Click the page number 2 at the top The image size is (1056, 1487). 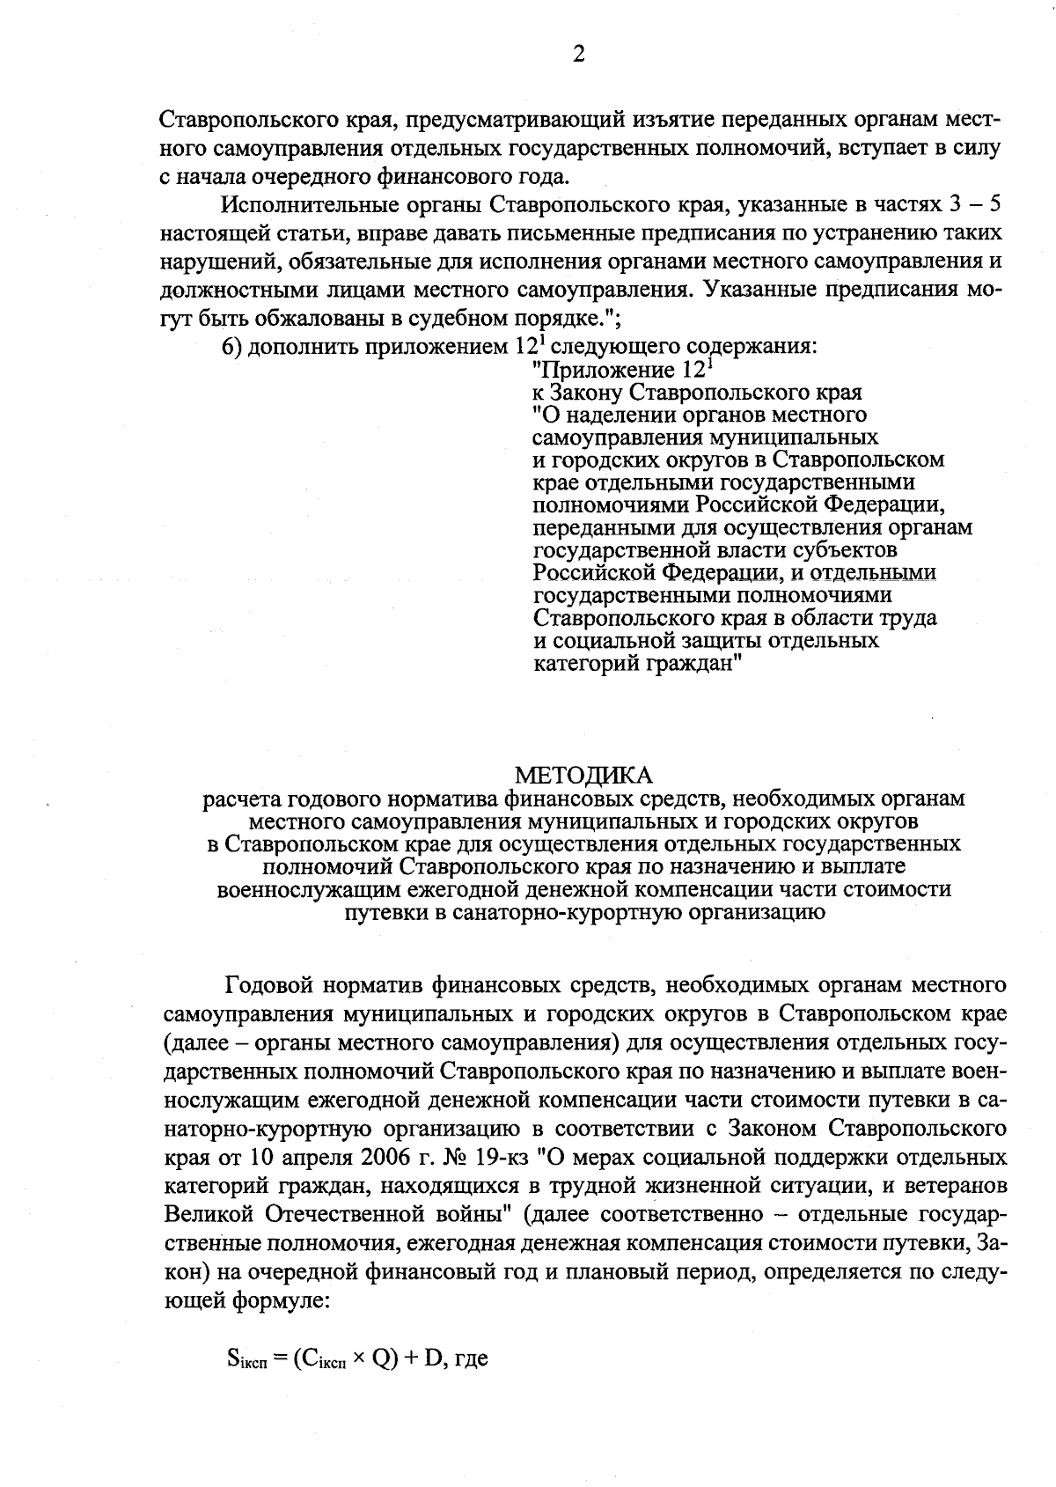tap(578, 55)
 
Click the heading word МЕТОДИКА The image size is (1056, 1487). tap(584, 775)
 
